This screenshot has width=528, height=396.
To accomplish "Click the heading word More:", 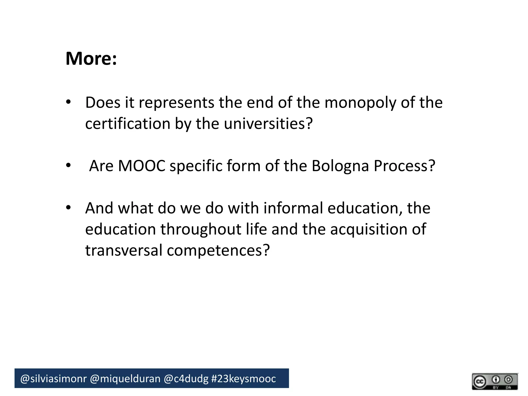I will coord(91,59).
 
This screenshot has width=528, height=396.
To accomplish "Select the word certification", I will coord(128,124).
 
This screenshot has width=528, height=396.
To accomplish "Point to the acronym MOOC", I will coord(142,166).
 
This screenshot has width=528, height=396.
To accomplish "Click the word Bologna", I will coord(340,166).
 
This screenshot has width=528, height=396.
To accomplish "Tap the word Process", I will coord(404,166).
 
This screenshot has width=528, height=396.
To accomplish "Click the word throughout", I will coord(201,229).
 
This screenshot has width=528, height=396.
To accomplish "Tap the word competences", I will coord(218,250).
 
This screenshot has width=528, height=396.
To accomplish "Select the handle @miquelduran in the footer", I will coord(125,379).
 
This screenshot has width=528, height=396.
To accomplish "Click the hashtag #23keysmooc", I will coord(244,379).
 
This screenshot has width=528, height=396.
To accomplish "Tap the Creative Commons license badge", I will coord(495,381).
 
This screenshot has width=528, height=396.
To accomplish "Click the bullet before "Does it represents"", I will coord(68,102).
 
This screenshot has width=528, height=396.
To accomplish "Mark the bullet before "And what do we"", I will coord(68,208).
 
